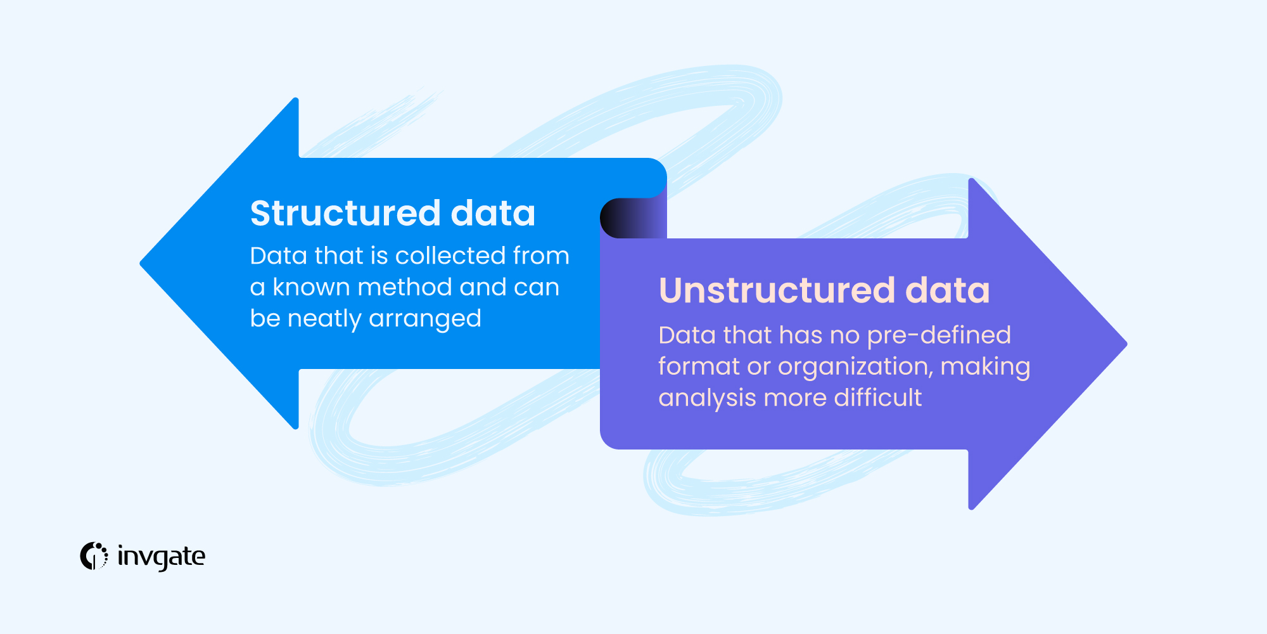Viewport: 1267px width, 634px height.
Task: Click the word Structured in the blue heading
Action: (345, 213)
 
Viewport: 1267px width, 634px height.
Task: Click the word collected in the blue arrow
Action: (450, 256)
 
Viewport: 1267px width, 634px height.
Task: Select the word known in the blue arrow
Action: (310, 287)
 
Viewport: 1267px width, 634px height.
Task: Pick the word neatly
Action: (324, 319)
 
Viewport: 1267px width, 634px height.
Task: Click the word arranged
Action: (425, 319)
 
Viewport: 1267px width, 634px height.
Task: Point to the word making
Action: (985, 367)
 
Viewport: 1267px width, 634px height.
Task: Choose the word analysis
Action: (707, 398)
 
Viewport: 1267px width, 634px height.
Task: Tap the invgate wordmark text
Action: (162, 557)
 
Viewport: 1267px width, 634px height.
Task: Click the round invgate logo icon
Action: (94, 556)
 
